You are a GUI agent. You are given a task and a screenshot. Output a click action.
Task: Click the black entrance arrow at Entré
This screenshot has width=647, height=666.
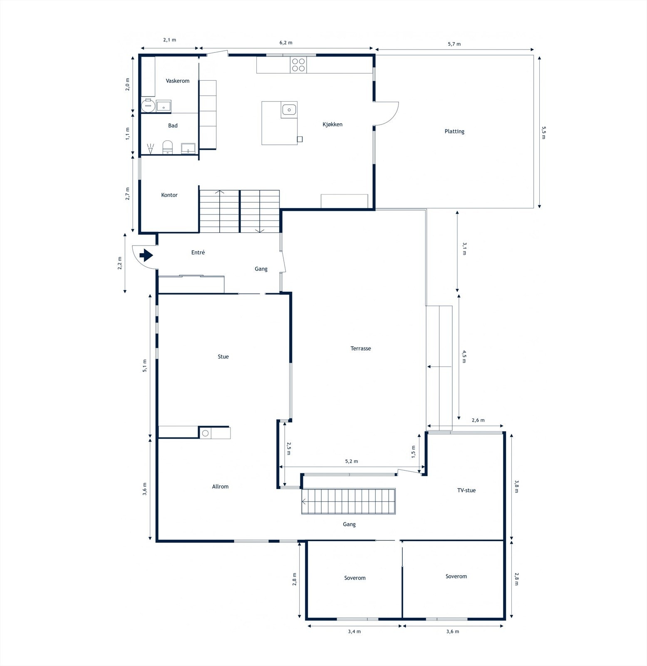coord(146,255)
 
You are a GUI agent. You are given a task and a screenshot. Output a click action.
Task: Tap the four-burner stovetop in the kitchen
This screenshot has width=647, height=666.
coord(298,65)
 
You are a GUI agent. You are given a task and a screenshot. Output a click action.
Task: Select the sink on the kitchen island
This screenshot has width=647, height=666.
coord(289,110)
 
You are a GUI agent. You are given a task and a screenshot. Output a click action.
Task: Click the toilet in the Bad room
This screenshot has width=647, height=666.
coord(167,147)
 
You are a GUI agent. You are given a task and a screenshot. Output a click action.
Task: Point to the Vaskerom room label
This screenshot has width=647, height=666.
coord(178,81)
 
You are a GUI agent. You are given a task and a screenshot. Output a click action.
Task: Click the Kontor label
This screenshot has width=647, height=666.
coord(169,195)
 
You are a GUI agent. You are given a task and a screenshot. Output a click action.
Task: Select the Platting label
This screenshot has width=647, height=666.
coord(454,131)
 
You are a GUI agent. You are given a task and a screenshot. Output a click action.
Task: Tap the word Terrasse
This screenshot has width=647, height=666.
coord(361,348)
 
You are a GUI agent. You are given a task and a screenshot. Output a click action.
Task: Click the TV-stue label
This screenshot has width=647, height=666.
coord(466,490)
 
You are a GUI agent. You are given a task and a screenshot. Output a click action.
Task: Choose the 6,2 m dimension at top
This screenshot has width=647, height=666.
coord(286,42)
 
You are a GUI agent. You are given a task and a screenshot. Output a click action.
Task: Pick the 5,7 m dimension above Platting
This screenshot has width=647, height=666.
coord(454,44)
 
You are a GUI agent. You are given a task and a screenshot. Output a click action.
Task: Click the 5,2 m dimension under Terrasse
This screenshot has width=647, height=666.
coord(352,461)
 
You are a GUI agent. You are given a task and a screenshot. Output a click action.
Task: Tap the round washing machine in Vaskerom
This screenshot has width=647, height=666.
coord(147,106)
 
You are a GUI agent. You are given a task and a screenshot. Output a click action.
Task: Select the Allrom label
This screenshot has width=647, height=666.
coord(220,486)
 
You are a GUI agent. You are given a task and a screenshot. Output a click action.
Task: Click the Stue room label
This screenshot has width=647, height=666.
coord(223,356)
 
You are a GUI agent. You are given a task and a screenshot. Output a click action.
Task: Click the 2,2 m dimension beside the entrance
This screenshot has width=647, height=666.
coord(120,263)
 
